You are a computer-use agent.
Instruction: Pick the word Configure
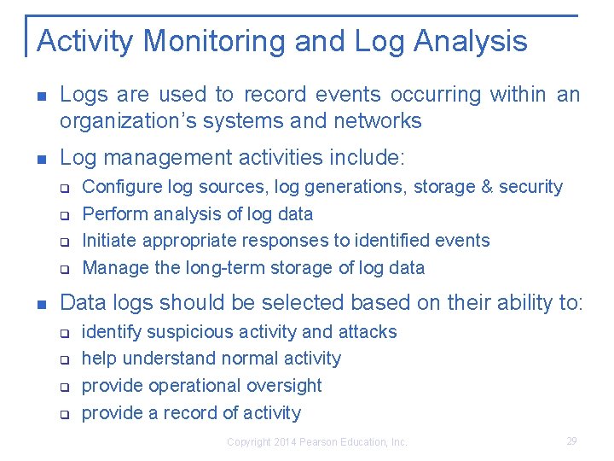coord(118,187)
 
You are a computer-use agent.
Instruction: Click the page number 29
coord(571,441)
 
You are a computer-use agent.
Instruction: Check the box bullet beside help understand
coord(63,359)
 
